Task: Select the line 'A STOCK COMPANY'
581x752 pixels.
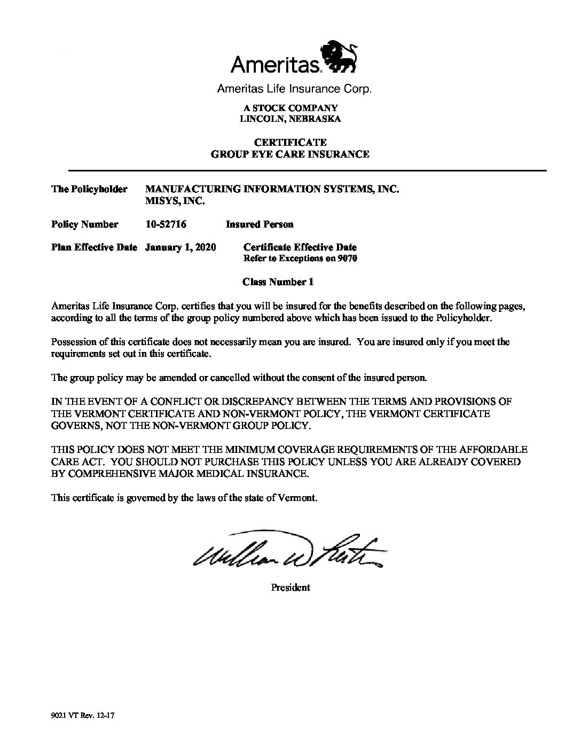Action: click(x=290, y=108)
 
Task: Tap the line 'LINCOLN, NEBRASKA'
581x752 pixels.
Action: click(x=290, y=119)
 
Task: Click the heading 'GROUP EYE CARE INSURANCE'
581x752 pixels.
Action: click(x=290, y=154)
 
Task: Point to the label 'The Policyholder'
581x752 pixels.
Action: click(x=89, y=189)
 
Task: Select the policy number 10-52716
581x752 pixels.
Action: click(x=166, y=224)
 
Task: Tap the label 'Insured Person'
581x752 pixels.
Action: click(x=260, y=224)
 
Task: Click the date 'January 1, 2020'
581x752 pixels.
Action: click(x=180, y=247)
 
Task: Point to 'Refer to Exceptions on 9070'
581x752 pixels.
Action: click(x=300, y=258)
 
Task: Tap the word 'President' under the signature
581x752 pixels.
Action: click(x=290, y=587)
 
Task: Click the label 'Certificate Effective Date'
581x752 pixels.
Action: click(x=300, y=247)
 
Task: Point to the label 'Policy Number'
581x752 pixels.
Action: click(x=84, y=224)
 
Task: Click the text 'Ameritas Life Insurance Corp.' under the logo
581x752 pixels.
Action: click(x=294, y=89)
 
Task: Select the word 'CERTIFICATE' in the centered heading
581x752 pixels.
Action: click(x=290, y=143)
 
